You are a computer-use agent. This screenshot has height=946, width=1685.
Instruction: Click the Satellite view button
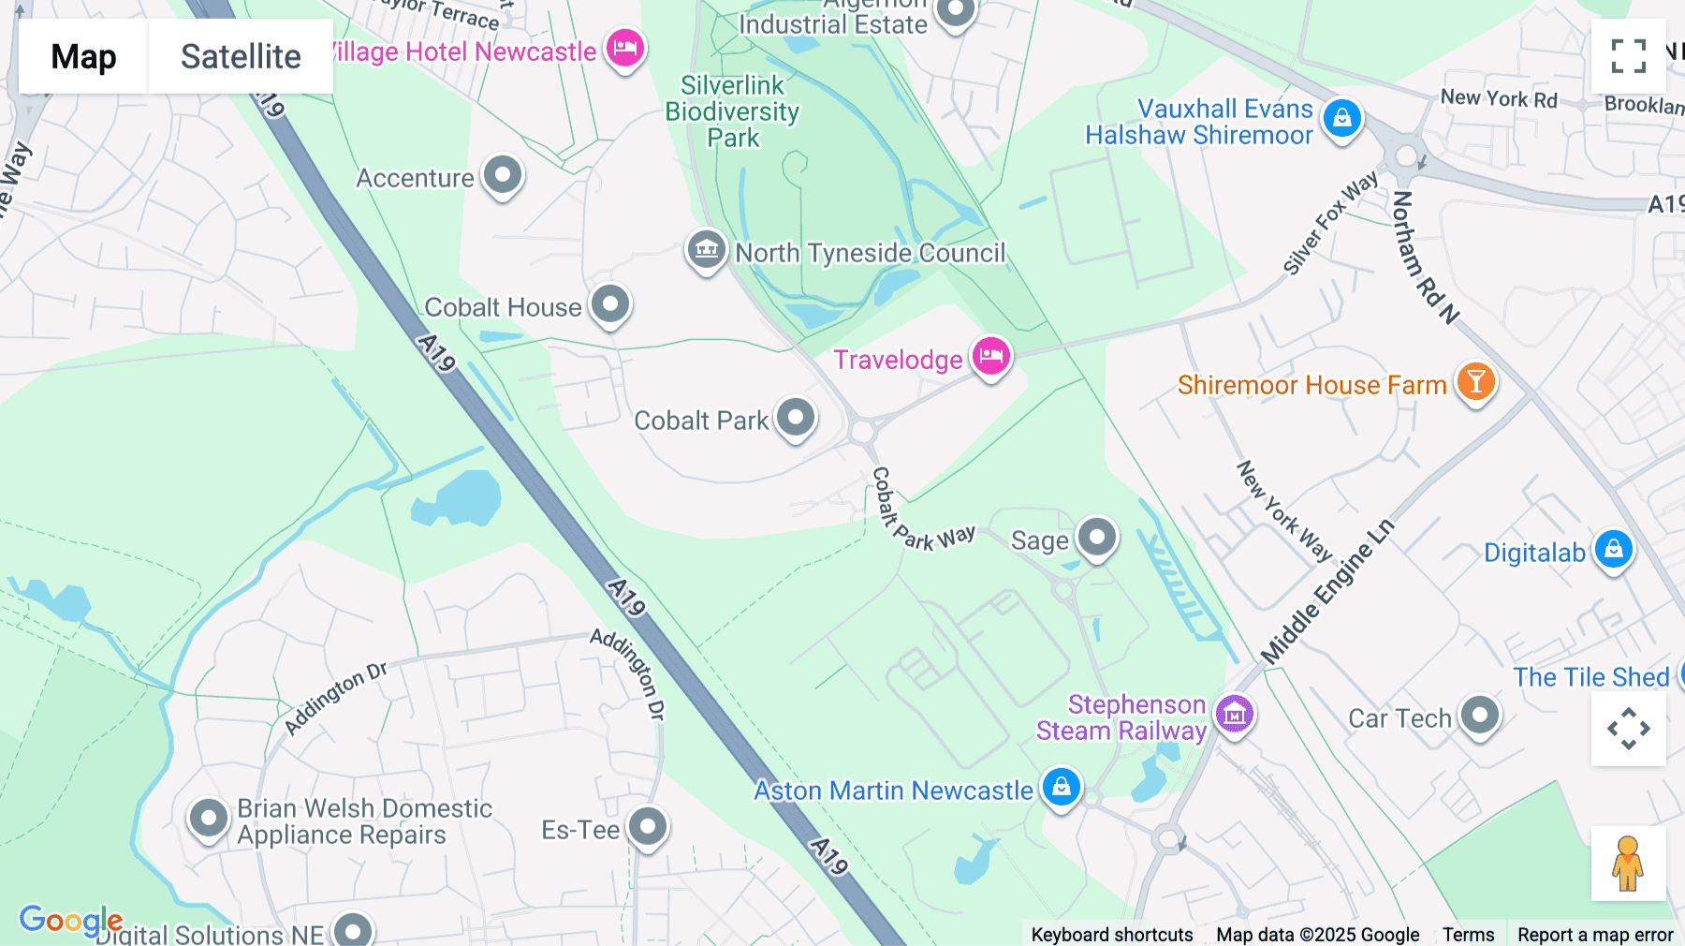[x=241, y=56]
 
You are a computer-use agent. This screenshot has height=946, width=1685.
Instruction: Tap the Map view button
[x=83, y=56]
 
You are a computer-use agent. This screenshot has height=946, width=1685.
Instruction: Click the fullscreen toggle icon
[x=1628, y=56]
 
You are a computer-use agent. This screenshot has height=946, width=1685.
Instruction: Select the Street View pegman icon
[x=1628, y=864]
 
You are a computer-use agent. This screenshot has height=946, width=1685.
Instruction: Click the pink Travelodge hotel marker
[x=990, y=356]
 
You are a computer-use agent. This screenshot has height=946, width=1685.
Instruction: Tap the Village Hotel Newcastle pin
[x=624, y=47]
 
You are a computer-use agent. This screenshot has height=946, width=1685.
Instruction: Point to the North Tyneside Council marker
[x=707, y=249]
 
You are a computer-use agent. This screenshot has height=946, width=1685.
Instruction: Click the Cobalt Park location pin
[x=796, y=417]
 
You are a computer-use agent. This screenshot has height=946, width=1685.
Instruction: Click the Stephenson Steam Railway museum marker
[x=1234, y=715]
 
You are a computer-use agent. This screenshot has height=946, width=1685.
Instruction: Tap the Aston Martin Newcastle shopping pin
[x=1061, y=787]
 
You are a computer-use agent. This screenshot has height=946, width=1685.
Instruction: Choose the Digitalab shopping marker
[x=1613, y=550]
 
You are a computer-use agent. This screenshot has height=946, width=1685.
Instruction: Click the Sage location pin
[x=1097, y=538]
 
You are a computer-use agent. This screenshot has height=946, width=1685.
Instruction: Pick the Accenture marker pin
[x=503, y=174]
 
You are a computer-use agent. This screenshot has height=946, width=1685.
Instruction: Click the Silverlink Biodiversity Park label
[x=732, y=111]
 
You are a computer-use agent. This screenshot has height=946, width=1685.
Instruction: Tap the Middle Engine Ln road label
[x=1327, y=592]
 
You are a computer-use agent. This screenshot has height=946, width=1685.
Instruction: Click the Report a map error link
[x=1595, y=935]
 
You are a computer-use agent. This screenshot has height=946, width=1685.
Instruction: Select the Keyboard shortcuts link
[x=1111, y=935]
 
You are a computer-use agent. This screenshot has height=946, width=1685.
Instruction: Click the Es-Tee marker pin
[x=647, y=826]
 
